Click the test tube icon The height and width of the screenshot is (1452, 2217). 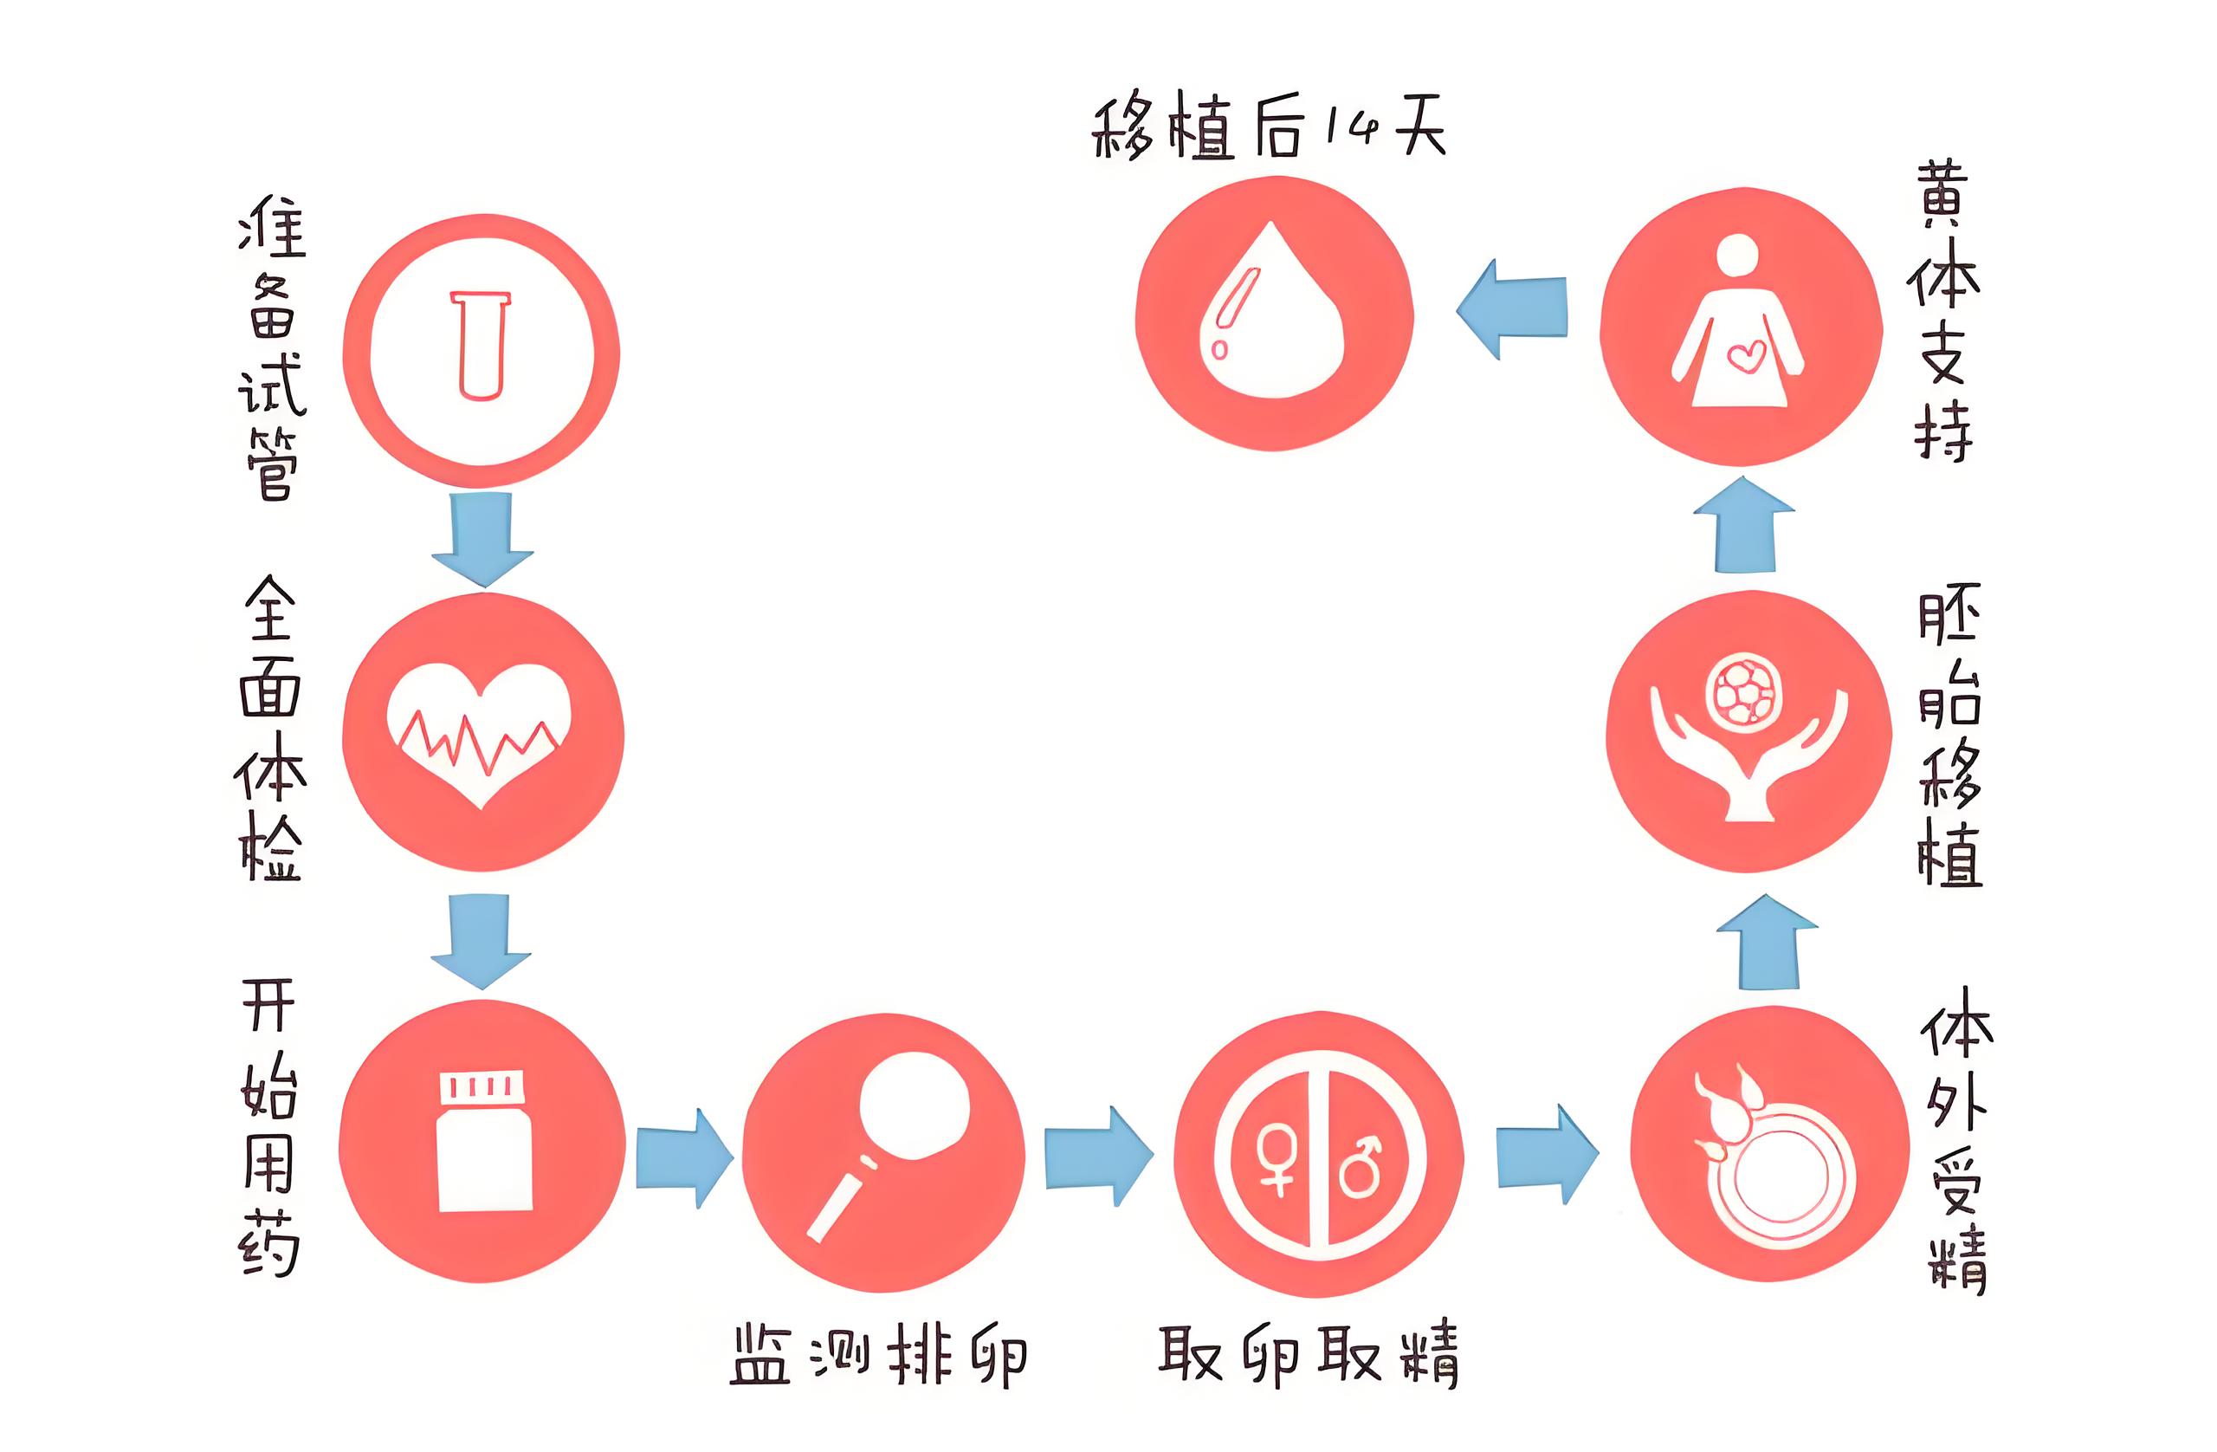(x=481, y=346)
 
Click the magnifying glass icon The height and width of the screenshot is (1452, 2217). (x=895, y=1137)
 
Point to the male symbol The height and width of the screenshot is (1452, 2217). (x=1361, y=1164)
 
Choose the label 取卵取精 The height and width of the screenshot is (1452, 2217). (x=1308, y=1355)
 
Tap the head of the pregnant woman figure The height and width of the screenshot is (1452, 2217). (x=1737, y=254)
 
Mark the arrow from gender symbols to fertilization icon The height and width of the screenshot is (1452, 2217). (x=1547, y=1156)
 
